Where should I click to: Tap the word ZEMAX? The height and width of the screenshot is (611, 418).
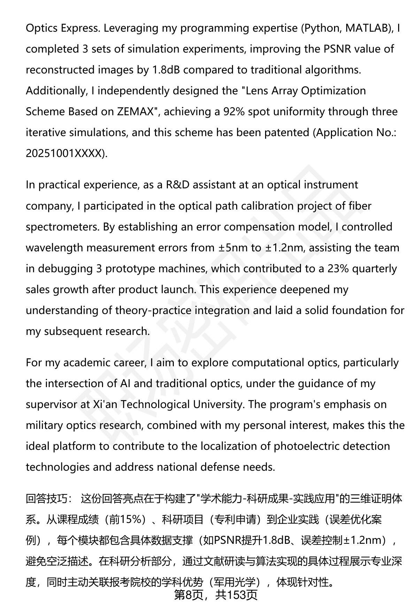(x=135, y=112)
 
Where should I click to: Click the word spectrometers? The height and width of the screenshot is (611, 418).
(x=62, y=227)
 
